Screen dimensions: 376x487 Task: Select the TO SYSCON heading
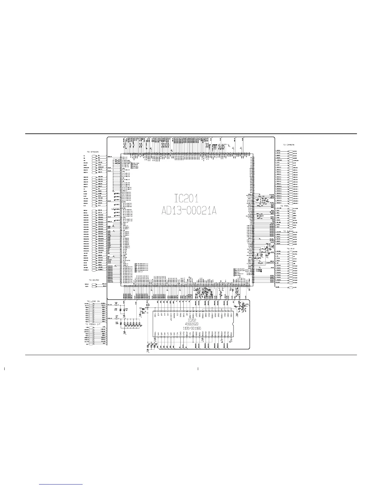pos(92,152)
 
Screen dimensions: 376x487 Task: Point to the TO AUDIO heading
pos(289,231)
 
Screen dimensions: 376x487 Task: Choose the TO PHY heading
pos(291,248)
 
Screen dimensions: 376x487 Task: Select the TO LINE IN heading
pos(93,301)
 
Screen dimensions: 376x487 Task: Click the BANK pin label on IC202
pos(174,315)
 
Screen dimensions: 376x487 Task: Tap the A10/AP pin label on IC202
pos(171,316)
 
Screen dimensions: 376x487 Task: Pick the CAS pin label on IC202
pos(184,315)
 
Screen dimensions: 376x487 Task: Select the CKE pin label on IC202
pos(181,334)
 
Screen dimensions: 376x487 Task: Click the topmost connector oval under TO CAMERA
pos(291,152)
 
